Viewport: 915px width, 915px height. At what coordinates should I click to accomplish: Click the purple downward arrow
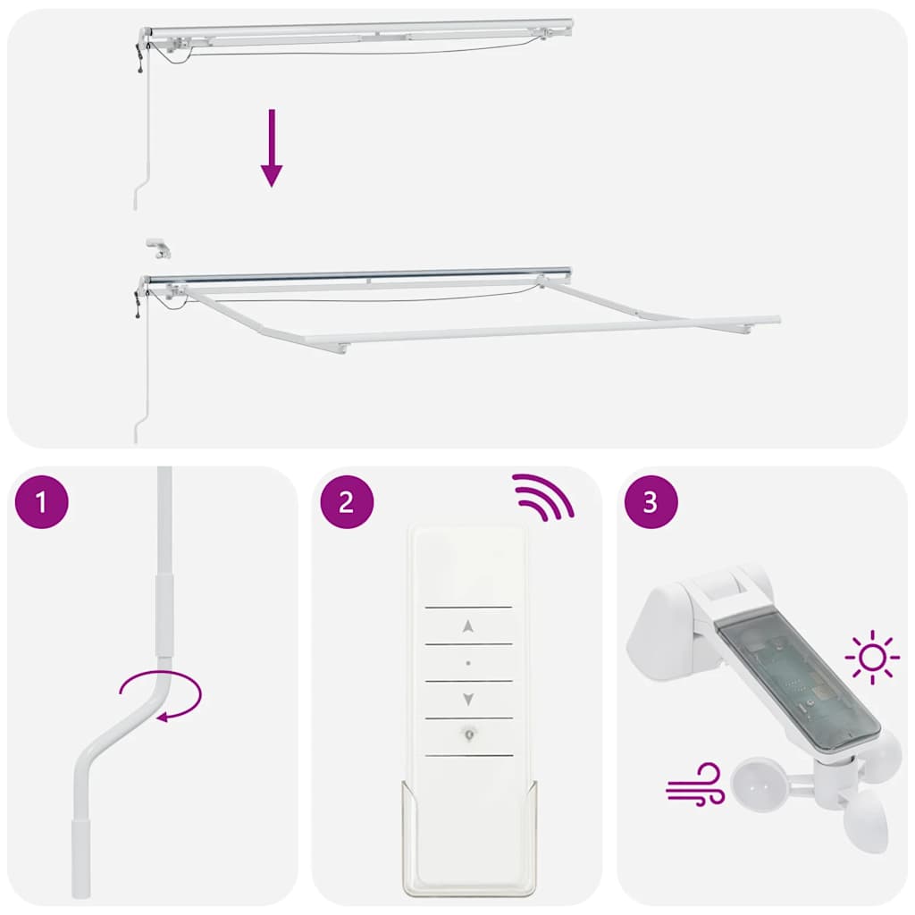click(x=272, y=148)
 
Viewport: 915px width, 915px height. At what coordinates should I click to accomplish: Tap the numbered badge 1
click(x=42, y=501)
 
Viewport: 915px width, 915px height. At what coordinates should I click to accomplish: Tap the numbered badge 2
click(x=347, y=501)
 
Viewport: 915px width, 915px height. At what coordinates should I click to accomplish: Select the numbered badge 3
click(x=651, y=501)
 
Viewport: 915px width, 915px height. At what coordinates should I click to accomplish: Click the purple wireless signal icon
click(x=540, y=497)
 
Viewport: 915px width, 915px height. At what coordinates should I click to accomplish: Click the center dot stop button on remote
click(x=468, y=663)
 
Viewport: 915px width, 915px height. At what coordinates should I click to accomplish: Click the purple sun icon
click(x=872, y=659)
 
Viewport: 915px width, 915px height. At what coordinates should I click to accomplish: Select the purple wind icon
click(x=695, y=785)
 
